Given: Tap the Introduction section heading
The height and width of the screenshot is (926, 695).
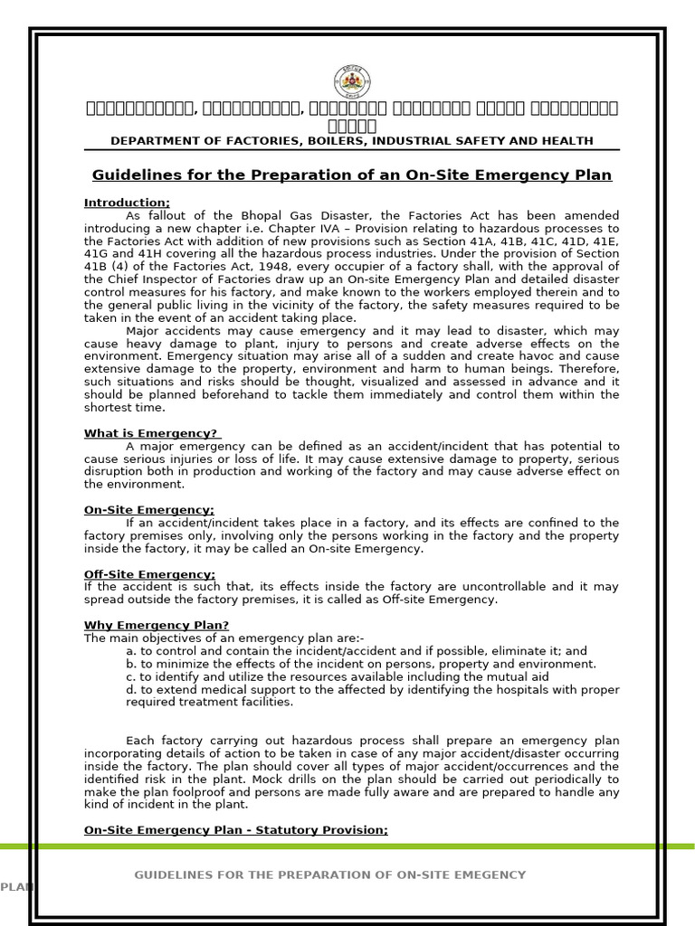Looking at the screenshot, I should tap(127, 203).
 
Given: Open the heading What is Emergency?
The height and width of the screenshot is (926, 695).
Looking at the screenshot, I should tap(151, 433).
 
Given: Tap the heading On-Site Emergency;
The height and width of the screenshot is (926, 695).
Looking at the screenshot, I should tap(148, 510).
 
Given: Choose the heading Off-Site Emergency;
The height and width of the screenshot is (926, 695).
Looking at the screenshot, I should tap(149, 574).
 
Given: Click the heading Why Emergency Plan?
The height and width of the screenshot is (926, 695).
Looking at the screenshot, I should tap(157, 625).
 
